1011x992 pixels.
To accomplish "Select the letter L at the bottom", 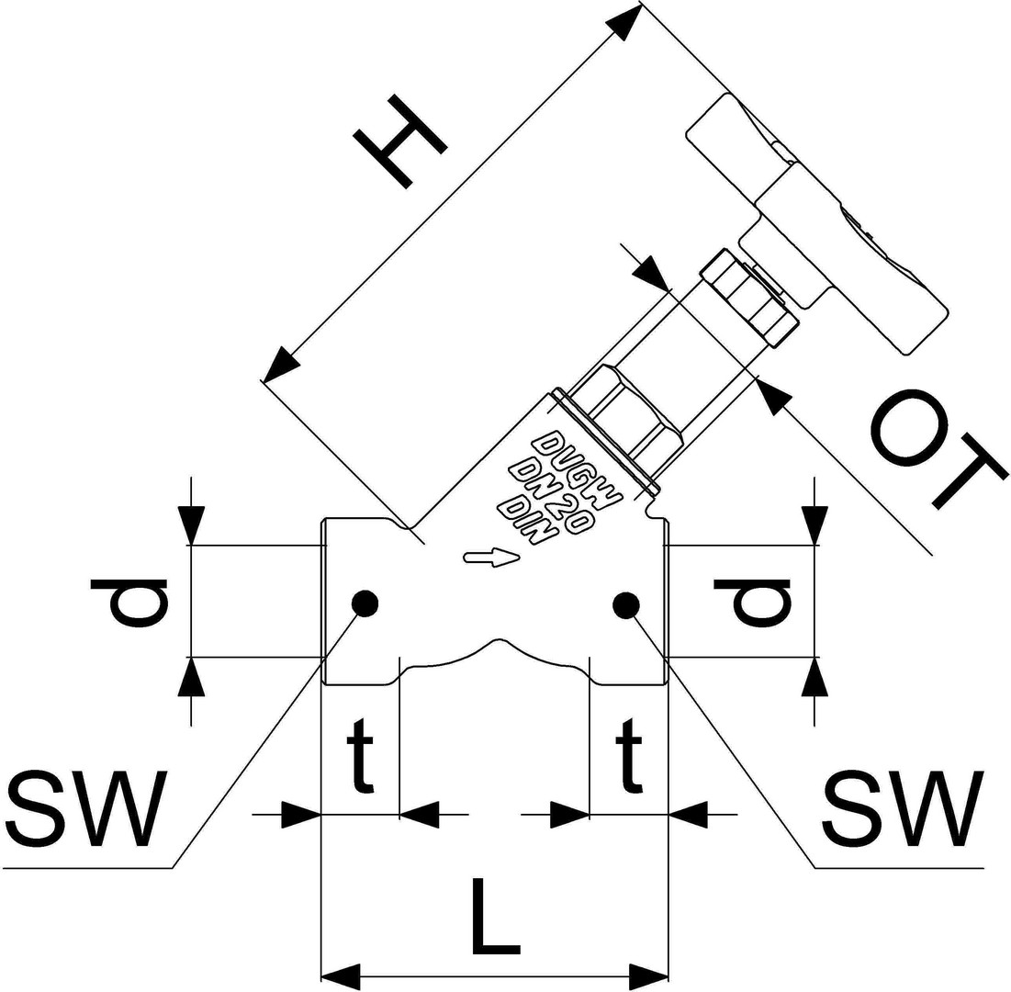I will pyautogui.click(x=494, y=917).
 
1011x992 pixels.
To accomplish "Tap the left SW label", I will pyautogui.click(x=87, y=807).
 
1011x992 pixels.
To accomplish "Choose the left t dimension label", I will pyautogui.click(x=361, y=755).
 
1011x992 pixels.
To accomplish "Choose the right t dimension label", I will pyautogui.click(x=629, y=755).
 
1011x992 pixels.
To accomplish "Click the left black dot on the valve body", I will pyautogui.click(x=365, y=603).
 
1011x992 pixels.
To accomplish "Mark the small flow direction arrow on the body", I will pyautogui.click(x=492, y=557).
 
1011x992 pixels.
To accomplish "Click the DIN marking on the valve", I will pyautogui.click(x=527, y=516).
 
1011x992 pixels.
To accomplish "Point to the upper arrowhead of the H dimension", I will pyautogui.click(x=623, y=22).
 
